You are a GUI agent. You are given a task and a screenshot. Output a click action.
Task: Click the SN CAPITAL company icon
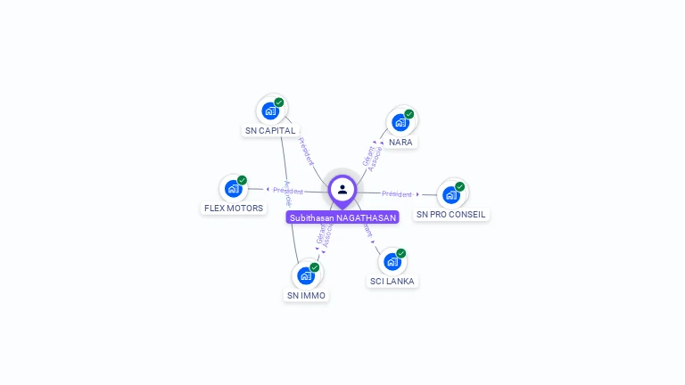click(270, 111)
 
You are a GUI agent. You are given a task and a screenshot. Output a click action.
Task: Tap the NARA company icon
click(400, 122)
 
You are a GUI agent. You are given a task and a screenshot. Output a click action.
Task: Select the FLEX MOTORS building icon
click(234, 188)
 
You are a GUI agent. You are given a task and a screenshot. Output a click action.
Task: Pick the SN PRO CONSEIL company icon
click(451, 194)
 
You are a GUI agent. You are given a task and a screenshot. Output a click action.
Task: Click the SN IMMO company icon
click(306, 275)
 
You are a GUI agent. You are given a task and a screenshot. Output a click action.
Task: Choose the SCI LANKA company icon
click(392, 261)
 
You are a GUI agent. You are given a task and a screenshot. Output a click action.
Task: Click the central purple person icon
click(342, 189)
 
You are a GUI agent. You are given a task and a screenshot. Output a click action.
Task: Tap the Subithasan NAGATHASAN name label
click(342, 217)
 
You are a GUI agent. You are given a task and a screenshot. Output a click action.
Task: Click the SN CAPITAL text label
click(270, 131)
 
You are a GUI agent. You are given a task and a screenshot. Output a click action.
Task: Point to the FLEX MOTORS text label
click(234, 209)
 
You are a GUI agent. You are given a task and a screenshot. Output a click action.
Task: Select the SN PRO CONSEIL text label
click(451, 215)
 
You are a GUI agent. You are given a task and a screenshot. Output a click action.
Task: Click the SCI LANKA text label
click(392, 282)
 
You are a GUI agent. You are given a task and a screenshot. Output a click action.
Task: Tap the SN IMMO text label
click(306, 296)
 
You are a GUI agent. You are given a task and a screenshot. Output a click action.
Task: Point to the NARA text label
click(400, 143)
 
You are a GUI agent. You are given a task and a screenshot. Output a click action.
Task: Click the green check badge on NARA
click(409, 114)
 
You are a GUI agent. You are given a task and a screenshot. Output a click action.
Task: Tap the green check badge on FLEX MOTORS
click(242, 180)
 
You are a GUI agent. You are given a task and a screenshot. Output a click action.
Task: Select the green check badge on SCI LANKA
click(401, 253)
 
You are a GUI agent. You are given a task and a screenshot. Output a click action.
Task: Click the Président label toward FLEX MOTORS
click(288, 191)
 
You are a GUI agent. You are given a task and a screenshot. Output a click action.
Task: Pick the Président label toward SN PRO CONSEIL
click(397, 194)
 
